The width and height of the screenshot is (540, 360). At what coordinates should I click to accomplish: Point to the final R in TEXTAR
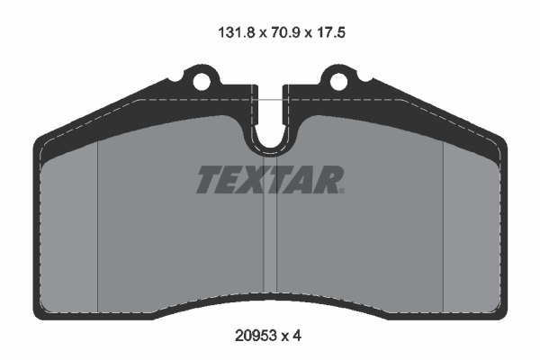[x=329, y=180]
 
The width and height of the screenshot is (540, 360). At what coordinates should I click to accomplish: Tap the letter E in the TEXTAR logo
[x=232, y=180]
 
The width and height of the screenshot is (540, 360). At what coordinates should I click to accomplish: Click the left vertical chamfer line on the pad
[x=96, y=225]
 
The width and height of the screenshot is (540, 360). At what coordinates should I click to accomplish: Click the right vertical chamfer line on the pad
[x=444, y=225]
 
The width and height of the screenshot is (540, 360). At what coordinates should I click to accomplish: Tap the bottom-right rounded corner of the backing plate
[x=499, y=311]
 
